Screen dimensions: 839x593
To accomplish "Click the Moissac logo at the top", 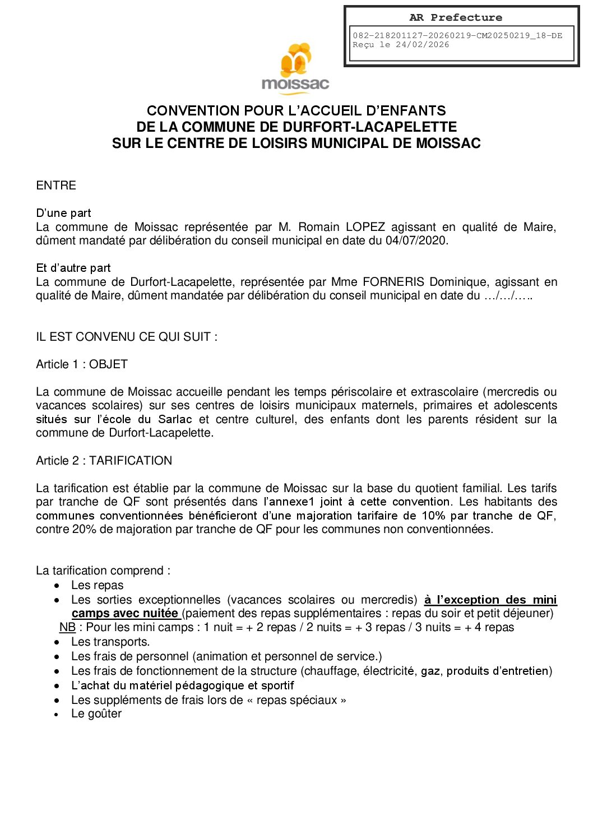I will [295, 67].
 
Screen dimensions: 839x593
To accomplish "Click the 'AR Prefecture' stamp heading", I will [456, 18].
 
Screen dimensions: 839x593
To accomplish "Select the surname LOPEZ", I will [365, 227].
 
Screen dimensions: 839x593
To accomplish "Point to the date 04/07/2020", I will [416, 241].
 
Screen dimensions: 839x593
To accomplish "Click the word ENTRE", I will [56, 186].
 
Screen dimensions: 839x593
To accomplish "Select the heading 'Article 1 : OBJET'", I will [82, 364].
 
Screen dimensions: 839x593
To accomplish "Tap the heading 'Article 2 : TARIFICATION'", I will [104, 461].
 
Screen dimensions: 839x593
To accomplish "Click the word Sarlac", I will [175, 419].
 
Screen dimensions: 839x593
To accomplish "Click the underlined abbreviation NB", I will [67, 627].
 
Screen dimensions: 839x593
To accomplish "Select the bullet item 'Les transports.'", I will [110, 642].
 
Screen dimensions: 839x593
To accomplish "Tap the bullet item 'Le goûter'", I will [96, 713].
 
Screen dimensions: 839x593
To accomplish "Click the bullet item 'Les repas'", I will [97, 585].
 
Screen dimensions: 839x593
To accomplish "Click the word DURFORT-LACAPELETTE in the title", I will [370, 127].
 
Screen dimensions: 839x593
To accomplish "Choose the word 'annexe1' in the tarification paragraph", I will [292, 502].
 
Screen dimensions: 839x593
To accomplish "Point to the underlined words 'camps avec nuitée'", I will [125, 613].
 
